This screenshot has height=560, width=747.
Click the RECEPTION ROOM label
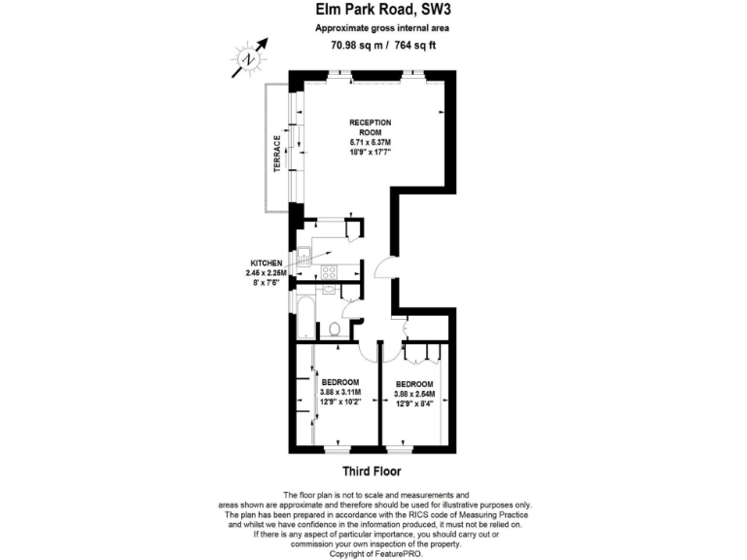pyautogui.click(x=371, y=126)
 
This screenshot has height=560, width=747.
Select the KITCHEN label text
pyautogui.click(x=266, y=263)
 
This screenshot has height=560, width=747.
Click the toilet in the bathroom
pyautogui.click(x=334, y=328)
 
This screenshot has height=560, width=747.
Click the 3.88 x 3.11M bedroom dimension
pyautogui.click(x=340, y=391)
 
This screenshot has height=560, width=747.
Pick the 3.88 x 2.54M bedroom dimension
pyautogui.click(x=414, y=393)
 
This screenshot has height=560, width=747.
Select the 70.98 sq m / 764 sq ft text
pyautogui.click(x=373, y=44)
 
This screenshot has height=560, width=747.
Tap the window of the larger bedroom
pyautogui.click(x=337, y=449)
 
